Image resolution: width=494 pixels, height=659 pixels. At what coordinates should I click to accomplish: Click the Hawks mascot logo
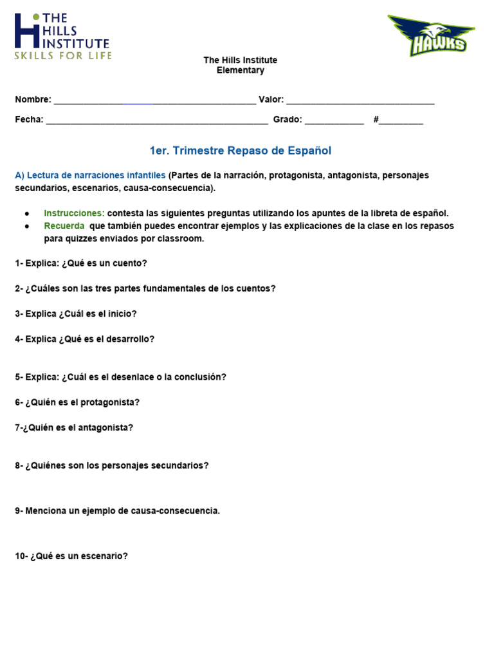pyautogui.click(x=431, y=35)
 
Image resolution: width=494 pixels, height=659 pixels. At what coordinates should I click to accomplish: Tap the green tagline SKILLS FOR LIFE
pyautogui.click(x=63, y=56)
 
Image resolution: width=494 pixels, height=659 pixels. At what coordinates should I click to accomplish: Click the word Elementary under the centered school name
pyautogui.click(x=240, y=70)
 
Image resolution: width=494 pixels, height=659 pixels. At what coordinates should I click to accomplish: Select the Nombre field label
pyautogui.click(x=32, y=100)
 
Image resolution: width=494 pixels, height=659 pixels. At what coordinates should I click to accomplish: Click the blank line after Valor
pyautogui.click(x=360, y=101)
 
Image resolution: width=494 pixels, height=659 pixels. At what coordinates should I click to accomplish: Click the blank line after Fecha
pyautogui.click(x=157, y=120)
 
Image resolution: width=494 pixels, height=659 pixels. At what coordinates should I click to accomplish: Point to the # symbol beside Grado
pyautogui.click(x=376, y=120)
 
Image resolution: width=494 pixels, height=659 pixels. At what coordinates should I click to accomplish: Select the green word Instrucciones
pyautogui.click(x=74, y=213)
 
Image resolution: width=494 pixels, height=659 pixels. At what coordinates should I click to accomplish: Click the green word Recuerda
pyautogui.click(x=64, y=226)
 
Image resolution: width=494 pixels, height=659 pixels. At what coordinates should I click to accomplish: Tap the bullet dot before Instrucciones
pyautogui.click(x=27, y=214)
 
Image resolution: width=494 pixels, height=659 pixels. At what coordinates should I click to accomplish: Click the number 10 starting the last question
pyautogui.click(x=20, y=556)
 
